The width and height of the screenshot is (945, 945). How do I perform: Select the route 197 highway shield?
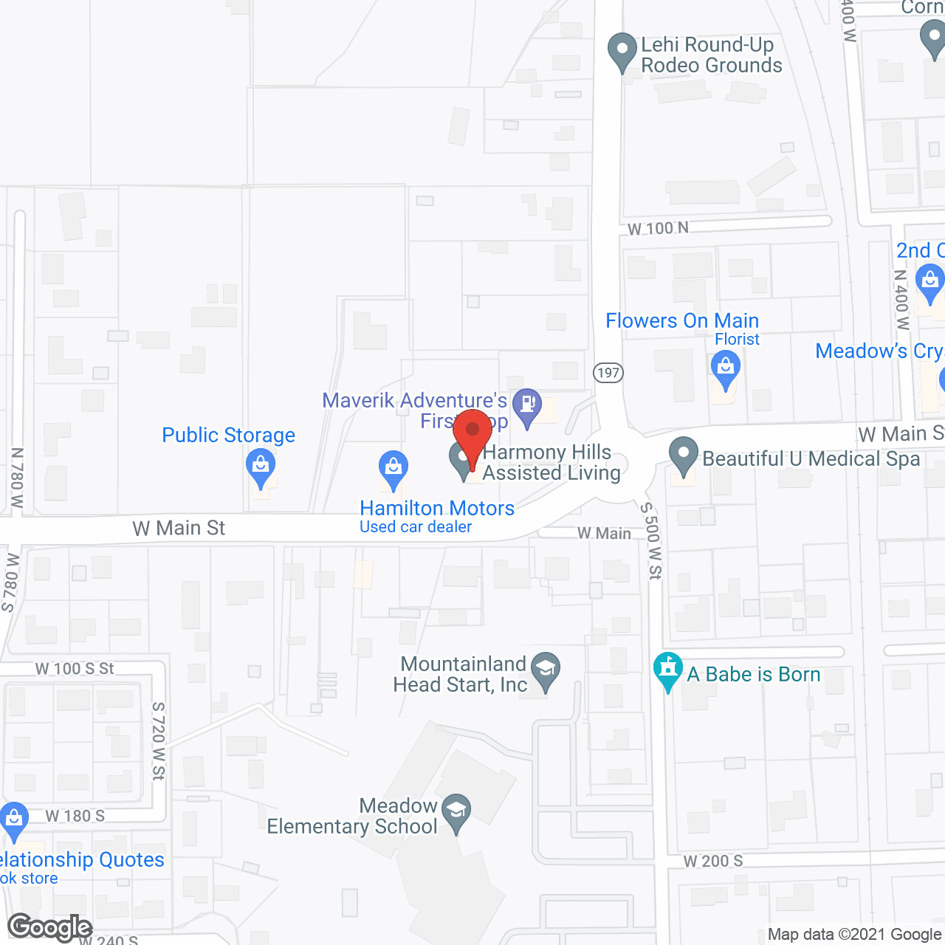point(608,372)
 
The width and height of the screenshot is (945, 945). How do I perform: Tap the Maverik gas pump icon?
point(527,405)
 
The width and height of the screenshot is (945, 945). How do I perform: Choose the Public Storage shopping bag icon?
point(260,468)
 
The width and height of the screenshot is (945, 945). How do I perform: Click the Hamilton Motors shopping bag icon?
point(393,469)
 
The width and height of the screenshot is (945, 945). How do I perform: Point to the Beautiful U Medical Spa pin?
point(684,456)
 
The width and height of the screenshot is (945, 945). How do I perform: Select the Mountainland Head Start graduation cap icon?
point(546,670)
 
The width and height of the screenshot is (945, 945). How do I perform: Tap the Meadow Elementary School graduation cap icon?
point(457,812)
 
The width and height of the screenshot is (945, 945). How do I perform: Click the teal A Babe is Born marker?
point(668,671)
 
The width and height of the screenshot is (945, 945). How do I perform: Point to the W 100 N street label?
point(658,229)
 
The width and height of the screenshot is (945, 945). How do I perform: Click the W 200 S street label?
point(712,861)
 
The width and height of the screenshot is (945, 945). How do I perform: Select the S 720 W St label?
point(159,741)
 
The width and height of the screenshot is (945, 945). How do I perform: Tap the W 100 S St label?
point(75,669)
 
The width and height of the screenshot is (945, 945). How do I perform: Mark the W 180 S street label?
point(75,816)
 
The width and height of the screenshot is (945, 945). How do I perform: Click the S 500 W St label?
point(651,540)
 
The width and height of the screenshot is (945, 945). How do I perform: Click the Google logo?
point(50,927)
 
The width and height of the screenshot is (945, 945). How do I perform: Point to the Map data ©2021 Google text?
point(855,935)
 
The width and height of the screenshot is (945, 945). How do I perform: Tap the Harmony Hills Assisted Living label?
point(551,463)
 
